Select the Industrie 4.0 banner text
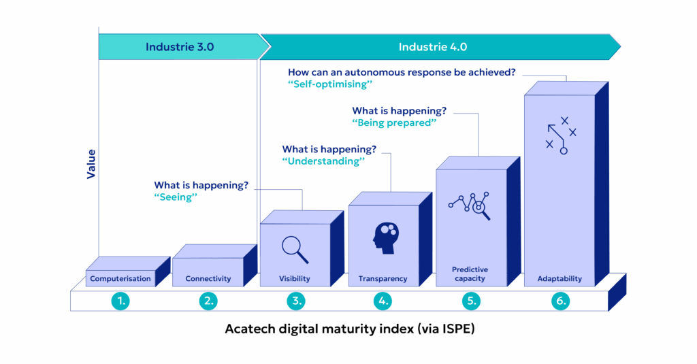point(433,47)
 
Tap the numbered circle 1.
point(120,300)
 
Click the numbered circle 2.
point(208,300)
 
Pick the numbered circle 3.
point(295,300)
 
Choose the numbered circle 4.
point(383,300)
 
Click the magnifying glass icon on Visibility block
point(295,249)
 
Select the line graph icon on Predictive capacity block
point(470,205)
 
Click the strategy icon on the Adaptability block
point(560,135)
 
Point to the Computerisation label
point(120,278)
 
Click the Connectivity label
point(208,278)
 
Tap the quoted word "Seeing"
point(180,197)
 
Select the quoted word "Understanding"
point(323,161)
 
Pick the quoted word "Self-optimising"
point(331,84)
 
